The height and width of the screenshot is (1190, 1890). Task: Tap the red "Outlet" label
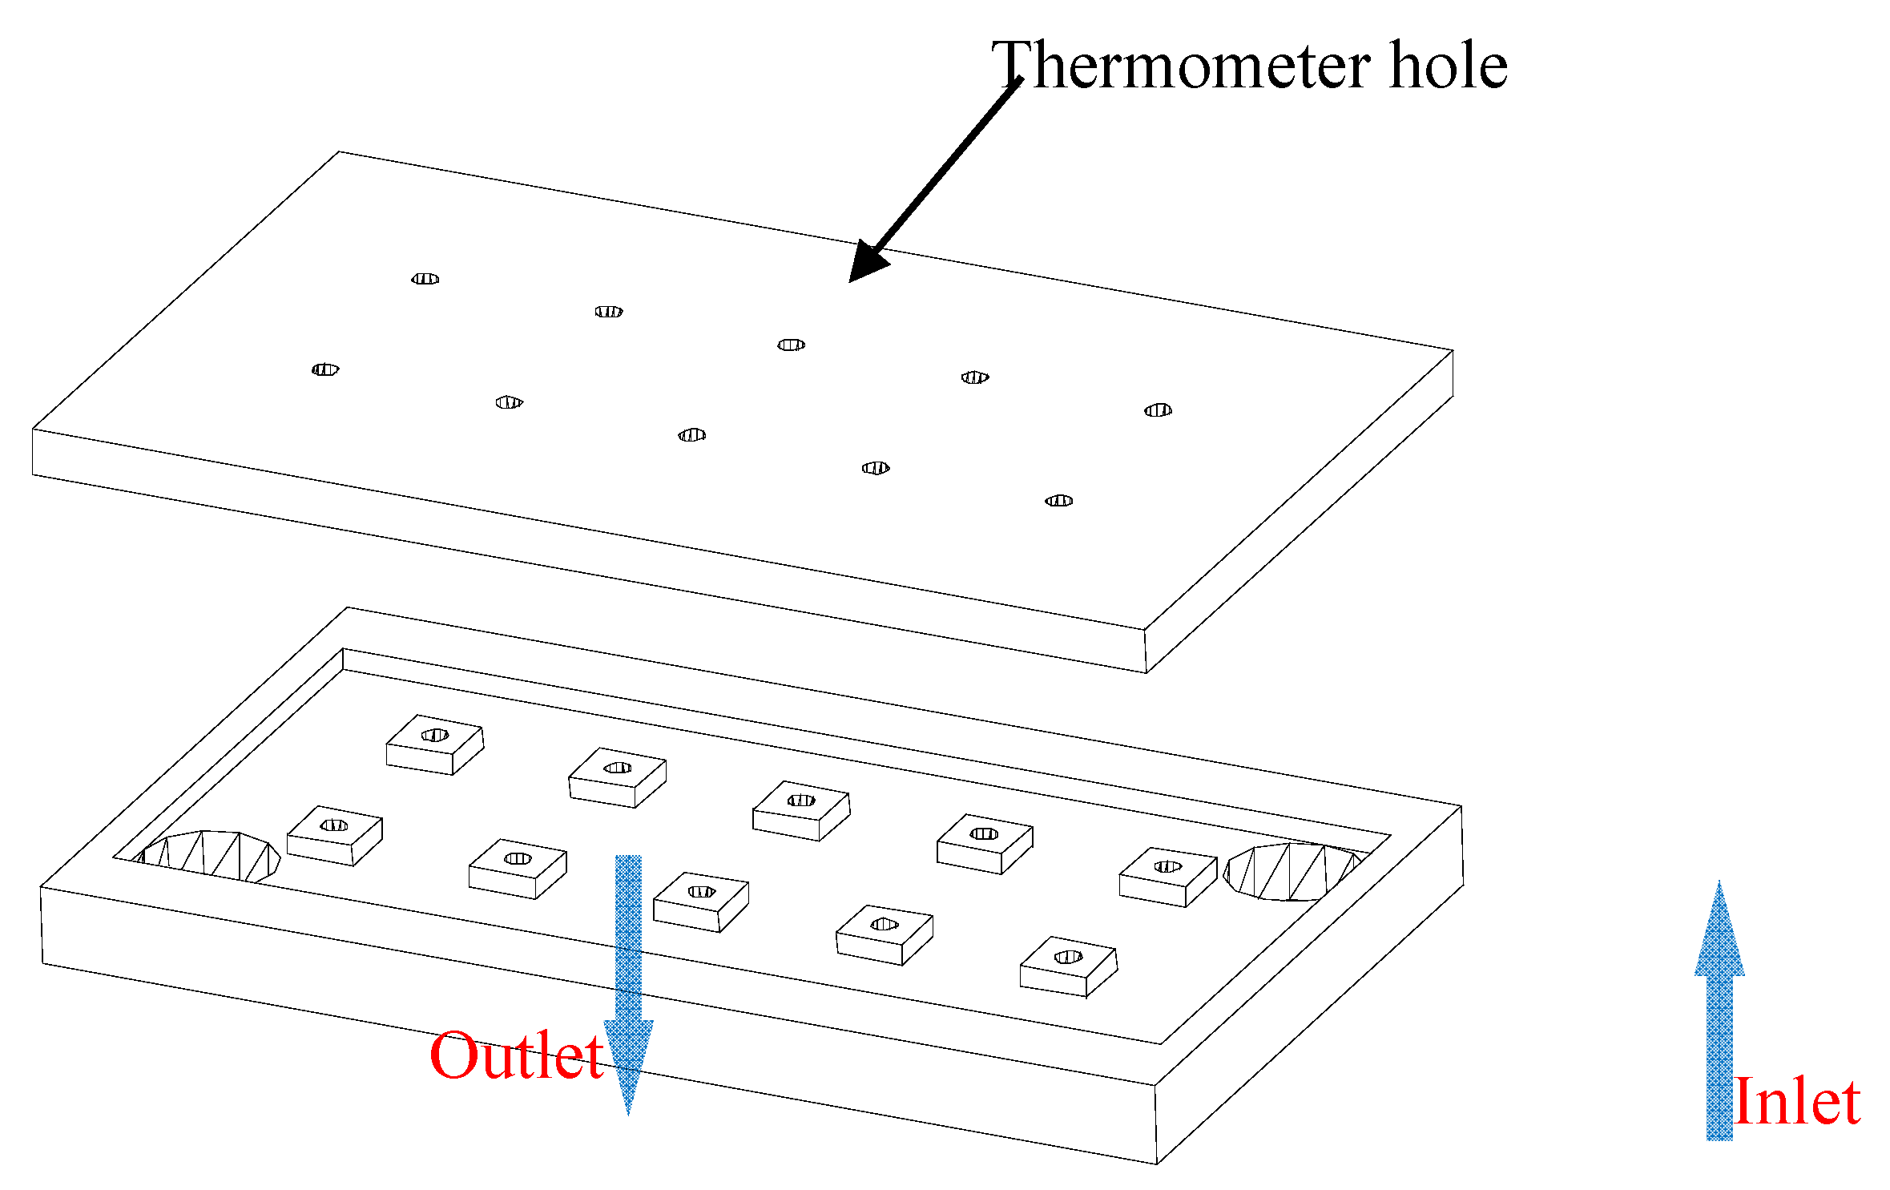[516, 1056]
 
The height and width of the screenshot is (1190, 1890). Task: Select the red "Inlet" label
[1796, 1102]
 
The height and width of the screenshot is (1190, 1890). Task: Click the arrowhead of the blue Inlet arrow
[1719, 930]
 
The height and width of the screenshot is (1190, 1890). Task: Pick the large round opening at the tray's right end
[1292, 871]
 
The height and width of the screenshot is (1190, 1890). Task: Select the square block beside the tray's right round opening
[1167, 875]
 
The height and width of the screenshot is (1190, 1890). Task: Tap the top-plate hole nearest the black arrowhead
[791, 345]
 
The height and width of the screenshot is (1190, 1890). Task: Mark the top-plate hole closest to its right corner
[1158, 410]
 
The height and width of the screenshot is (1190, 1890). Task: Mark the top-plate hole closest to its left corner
[325, 369]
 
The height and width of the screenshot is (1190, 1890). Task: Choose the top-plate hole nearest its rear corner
[425, 279]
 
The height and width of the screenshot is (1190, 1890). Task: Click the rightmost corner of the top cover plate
[1452, 351]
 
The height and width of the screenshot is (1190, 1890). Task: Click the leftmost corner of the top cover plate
[34, 430]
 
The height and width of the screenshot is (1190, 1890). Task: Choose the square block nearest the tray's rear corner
[435, 743]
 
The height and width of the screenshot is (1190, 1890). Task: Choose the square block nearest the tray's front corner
[1068, 965]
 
